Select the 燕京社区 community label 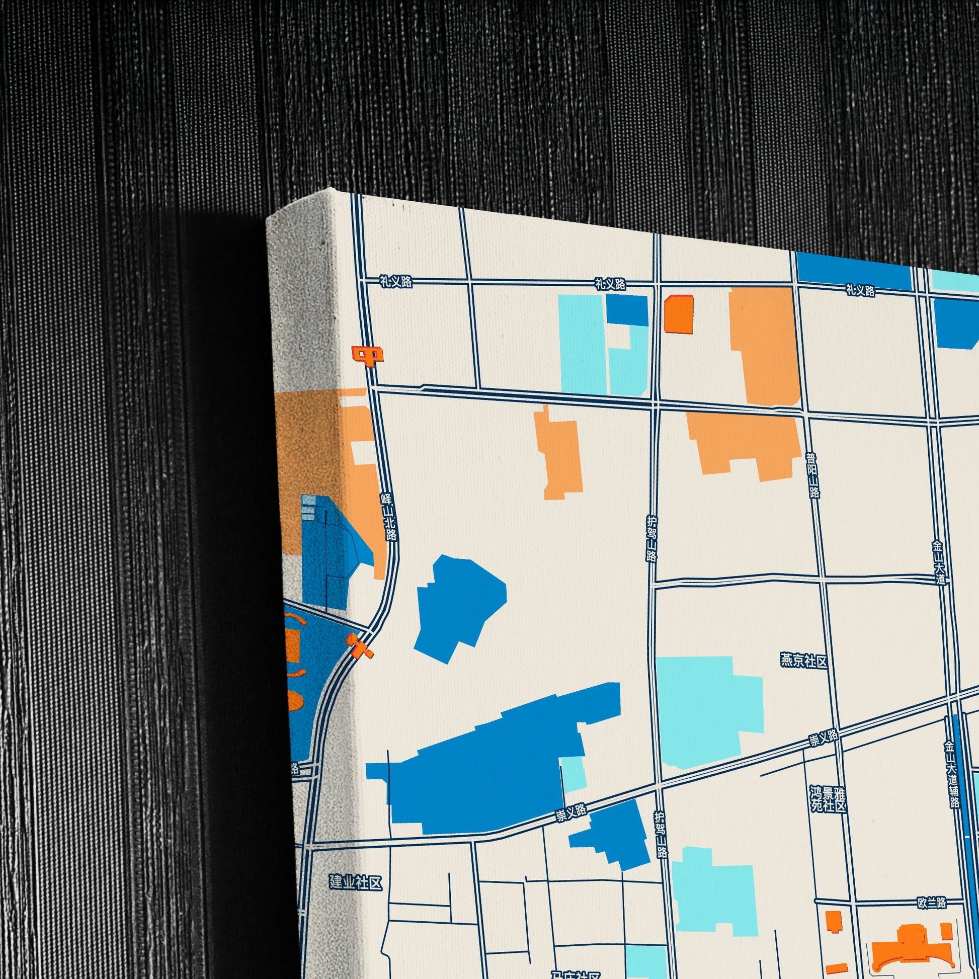pos(803,661)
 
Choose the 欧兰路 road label pos(931,903)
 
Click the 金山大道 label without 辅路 pos(939,563)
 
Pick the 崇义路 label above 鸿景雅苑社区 pos(824,738)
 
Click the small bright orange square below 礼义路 pos(679,314)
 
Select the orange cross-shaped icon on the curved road pos(359,646)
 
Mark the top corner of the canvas pos(333,189)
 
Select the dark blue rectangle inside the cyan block pos(627,309)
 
